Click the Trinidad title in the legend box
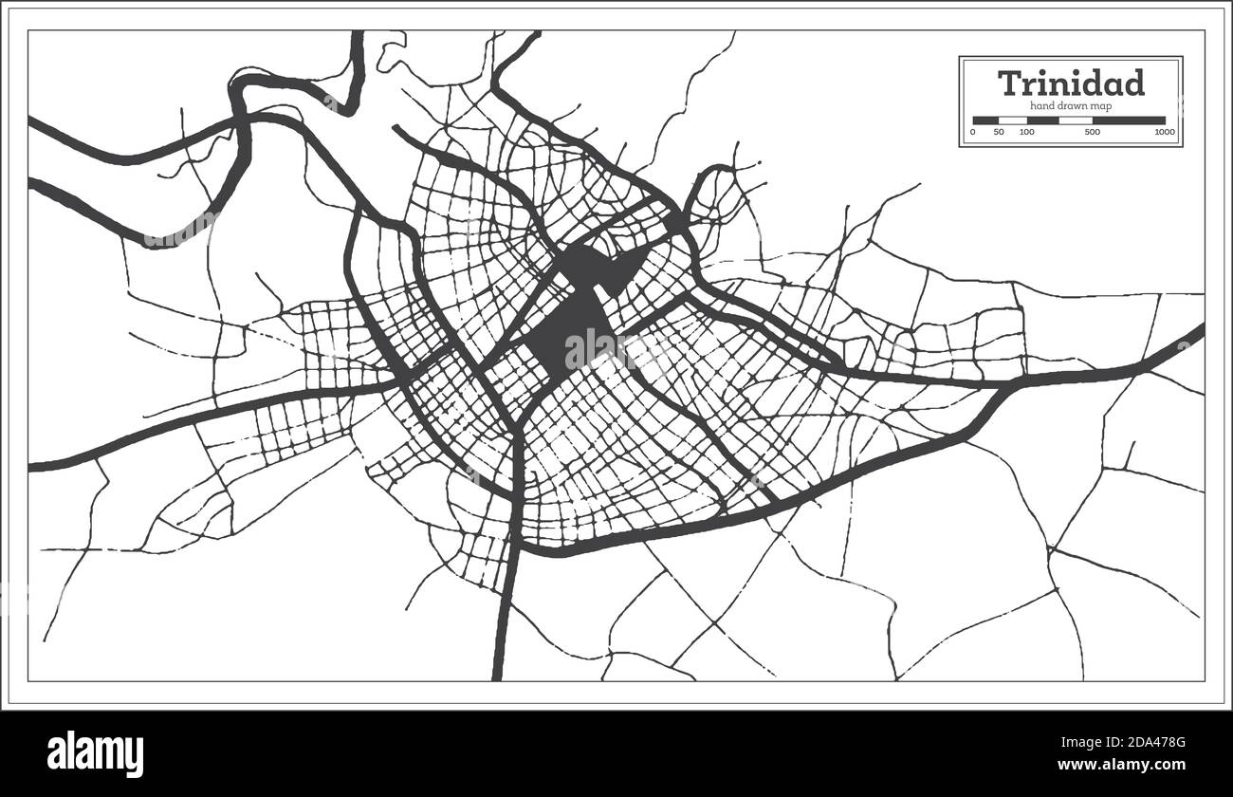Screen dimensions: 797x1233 click(1071, 83)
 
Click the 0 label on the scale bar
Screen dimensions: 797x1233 click(973, 132)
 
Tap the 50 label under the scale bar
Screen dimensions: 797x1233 click(1000, 132)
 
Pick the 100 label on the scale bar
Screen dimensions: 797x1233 click(1026, 132)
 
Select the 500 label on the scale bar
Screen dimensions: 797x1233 click(1091, 132)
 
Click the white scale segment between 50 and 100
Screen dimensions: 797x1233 click(1013, 120)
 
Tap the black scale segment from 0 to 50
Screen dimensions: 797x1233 click(985, 120)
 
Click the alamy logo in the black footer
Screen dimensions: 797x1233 click(96, 754)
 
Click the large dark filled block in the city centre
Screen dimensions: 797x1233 click(569, 327)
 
